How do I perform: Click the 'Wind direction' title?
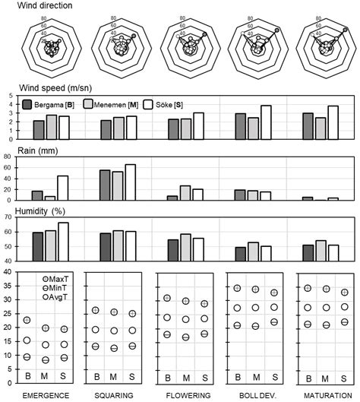[39, 6]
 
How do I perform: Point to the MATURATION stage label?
[325, 395]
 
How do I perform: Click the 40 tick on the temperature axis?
[7, 271]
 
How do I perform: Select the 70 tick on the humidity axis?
[7, 217]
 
